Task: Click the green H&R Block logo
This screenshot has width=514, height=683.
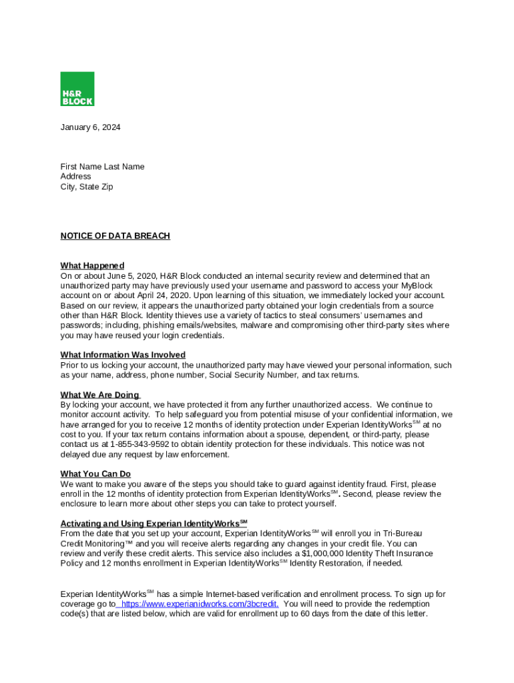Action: [77, 89]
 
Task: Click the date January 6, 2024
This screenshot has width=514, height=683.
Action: [90, 127]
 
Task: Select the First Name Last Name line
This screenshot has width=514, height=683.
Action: [102, 167]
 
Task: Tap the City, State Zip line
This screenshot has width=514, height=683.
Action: [87, 187]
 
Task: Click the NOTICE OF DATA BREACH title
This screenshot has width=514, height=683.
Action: [115, 236]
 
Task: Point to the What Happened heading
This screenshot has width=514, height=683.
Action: [92, 265]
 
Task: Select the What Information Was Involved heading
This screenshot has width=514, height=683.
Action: [123, 355]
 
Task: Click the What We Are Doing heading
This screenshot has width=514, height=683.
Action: [99, 395]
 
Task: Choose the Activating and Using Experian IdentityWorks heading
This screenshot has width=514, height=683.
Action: [154, 524]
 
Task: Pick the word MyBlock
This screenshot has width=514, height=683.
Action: [417, 285]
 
